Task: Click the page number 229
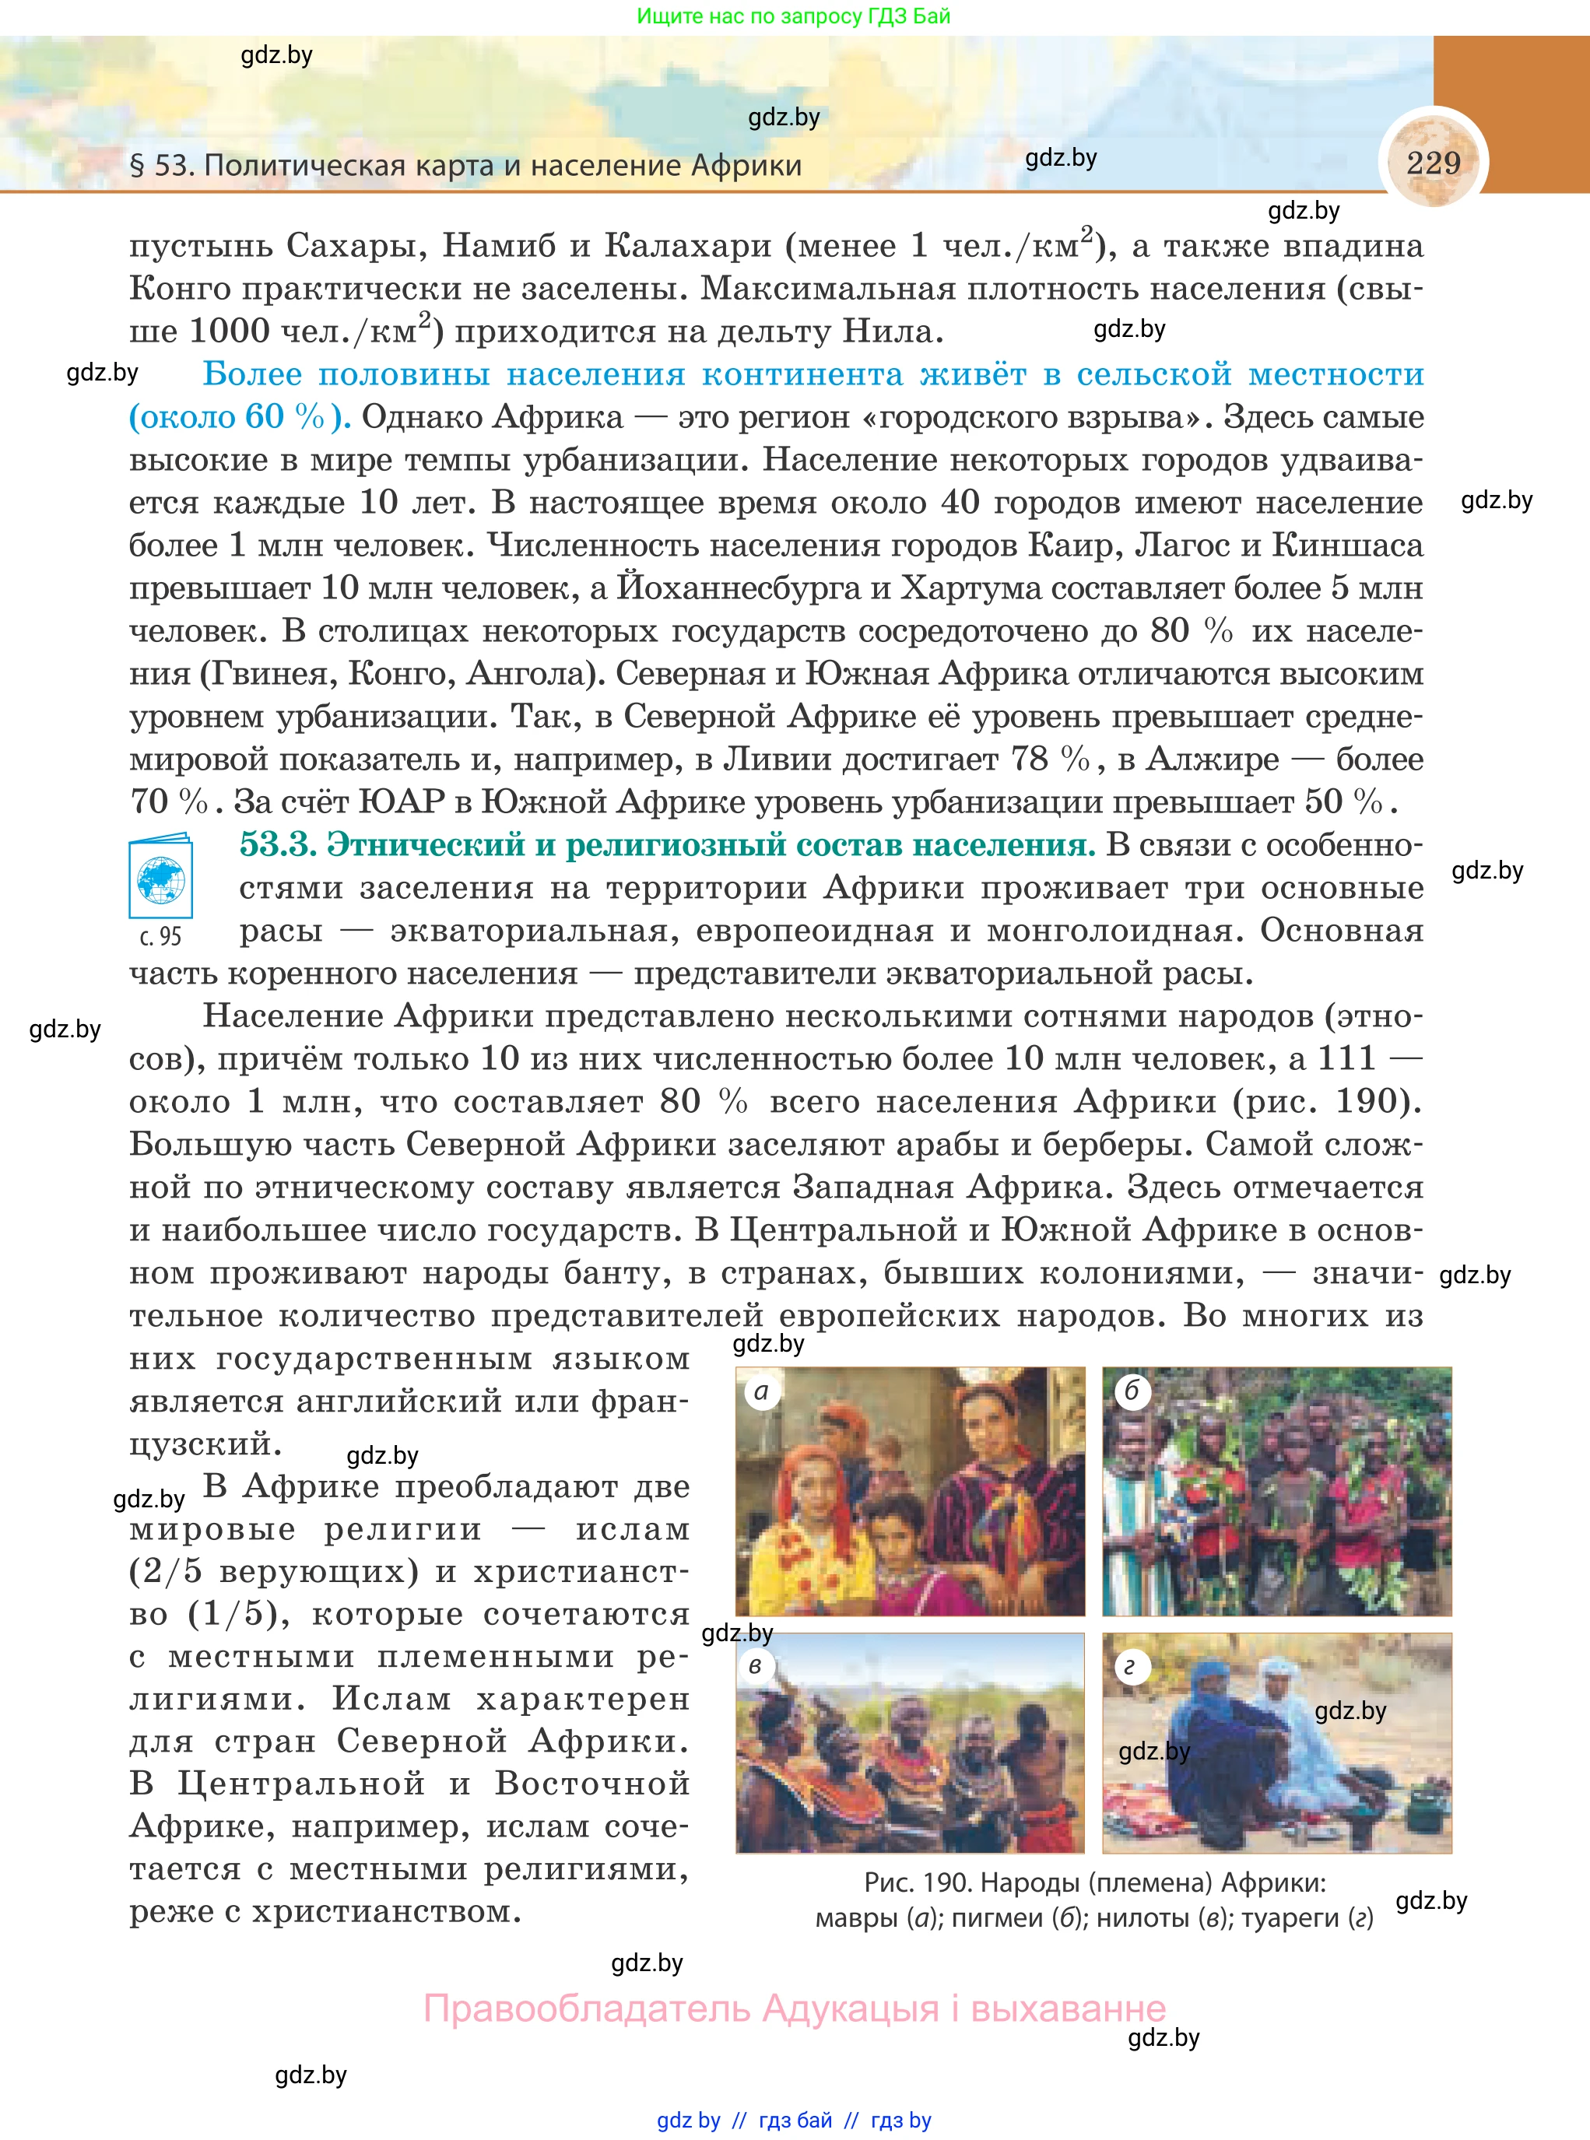[1433, 163]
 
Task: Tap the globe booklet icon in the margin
[161, 879]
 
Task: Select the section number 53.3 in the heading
[278, 845]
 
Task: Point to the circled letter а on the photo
[762, 1392]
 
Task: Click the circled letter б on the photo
[1132, 1391]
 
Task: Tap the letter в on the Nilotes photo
[756, 1665]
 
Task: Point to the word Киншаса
[1347, 546]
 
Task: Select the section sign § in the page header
[137, 166]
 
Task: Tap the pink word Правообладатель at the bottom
[586, 2009]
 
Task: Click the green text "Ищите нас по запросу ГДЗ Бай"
[794, 16]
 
